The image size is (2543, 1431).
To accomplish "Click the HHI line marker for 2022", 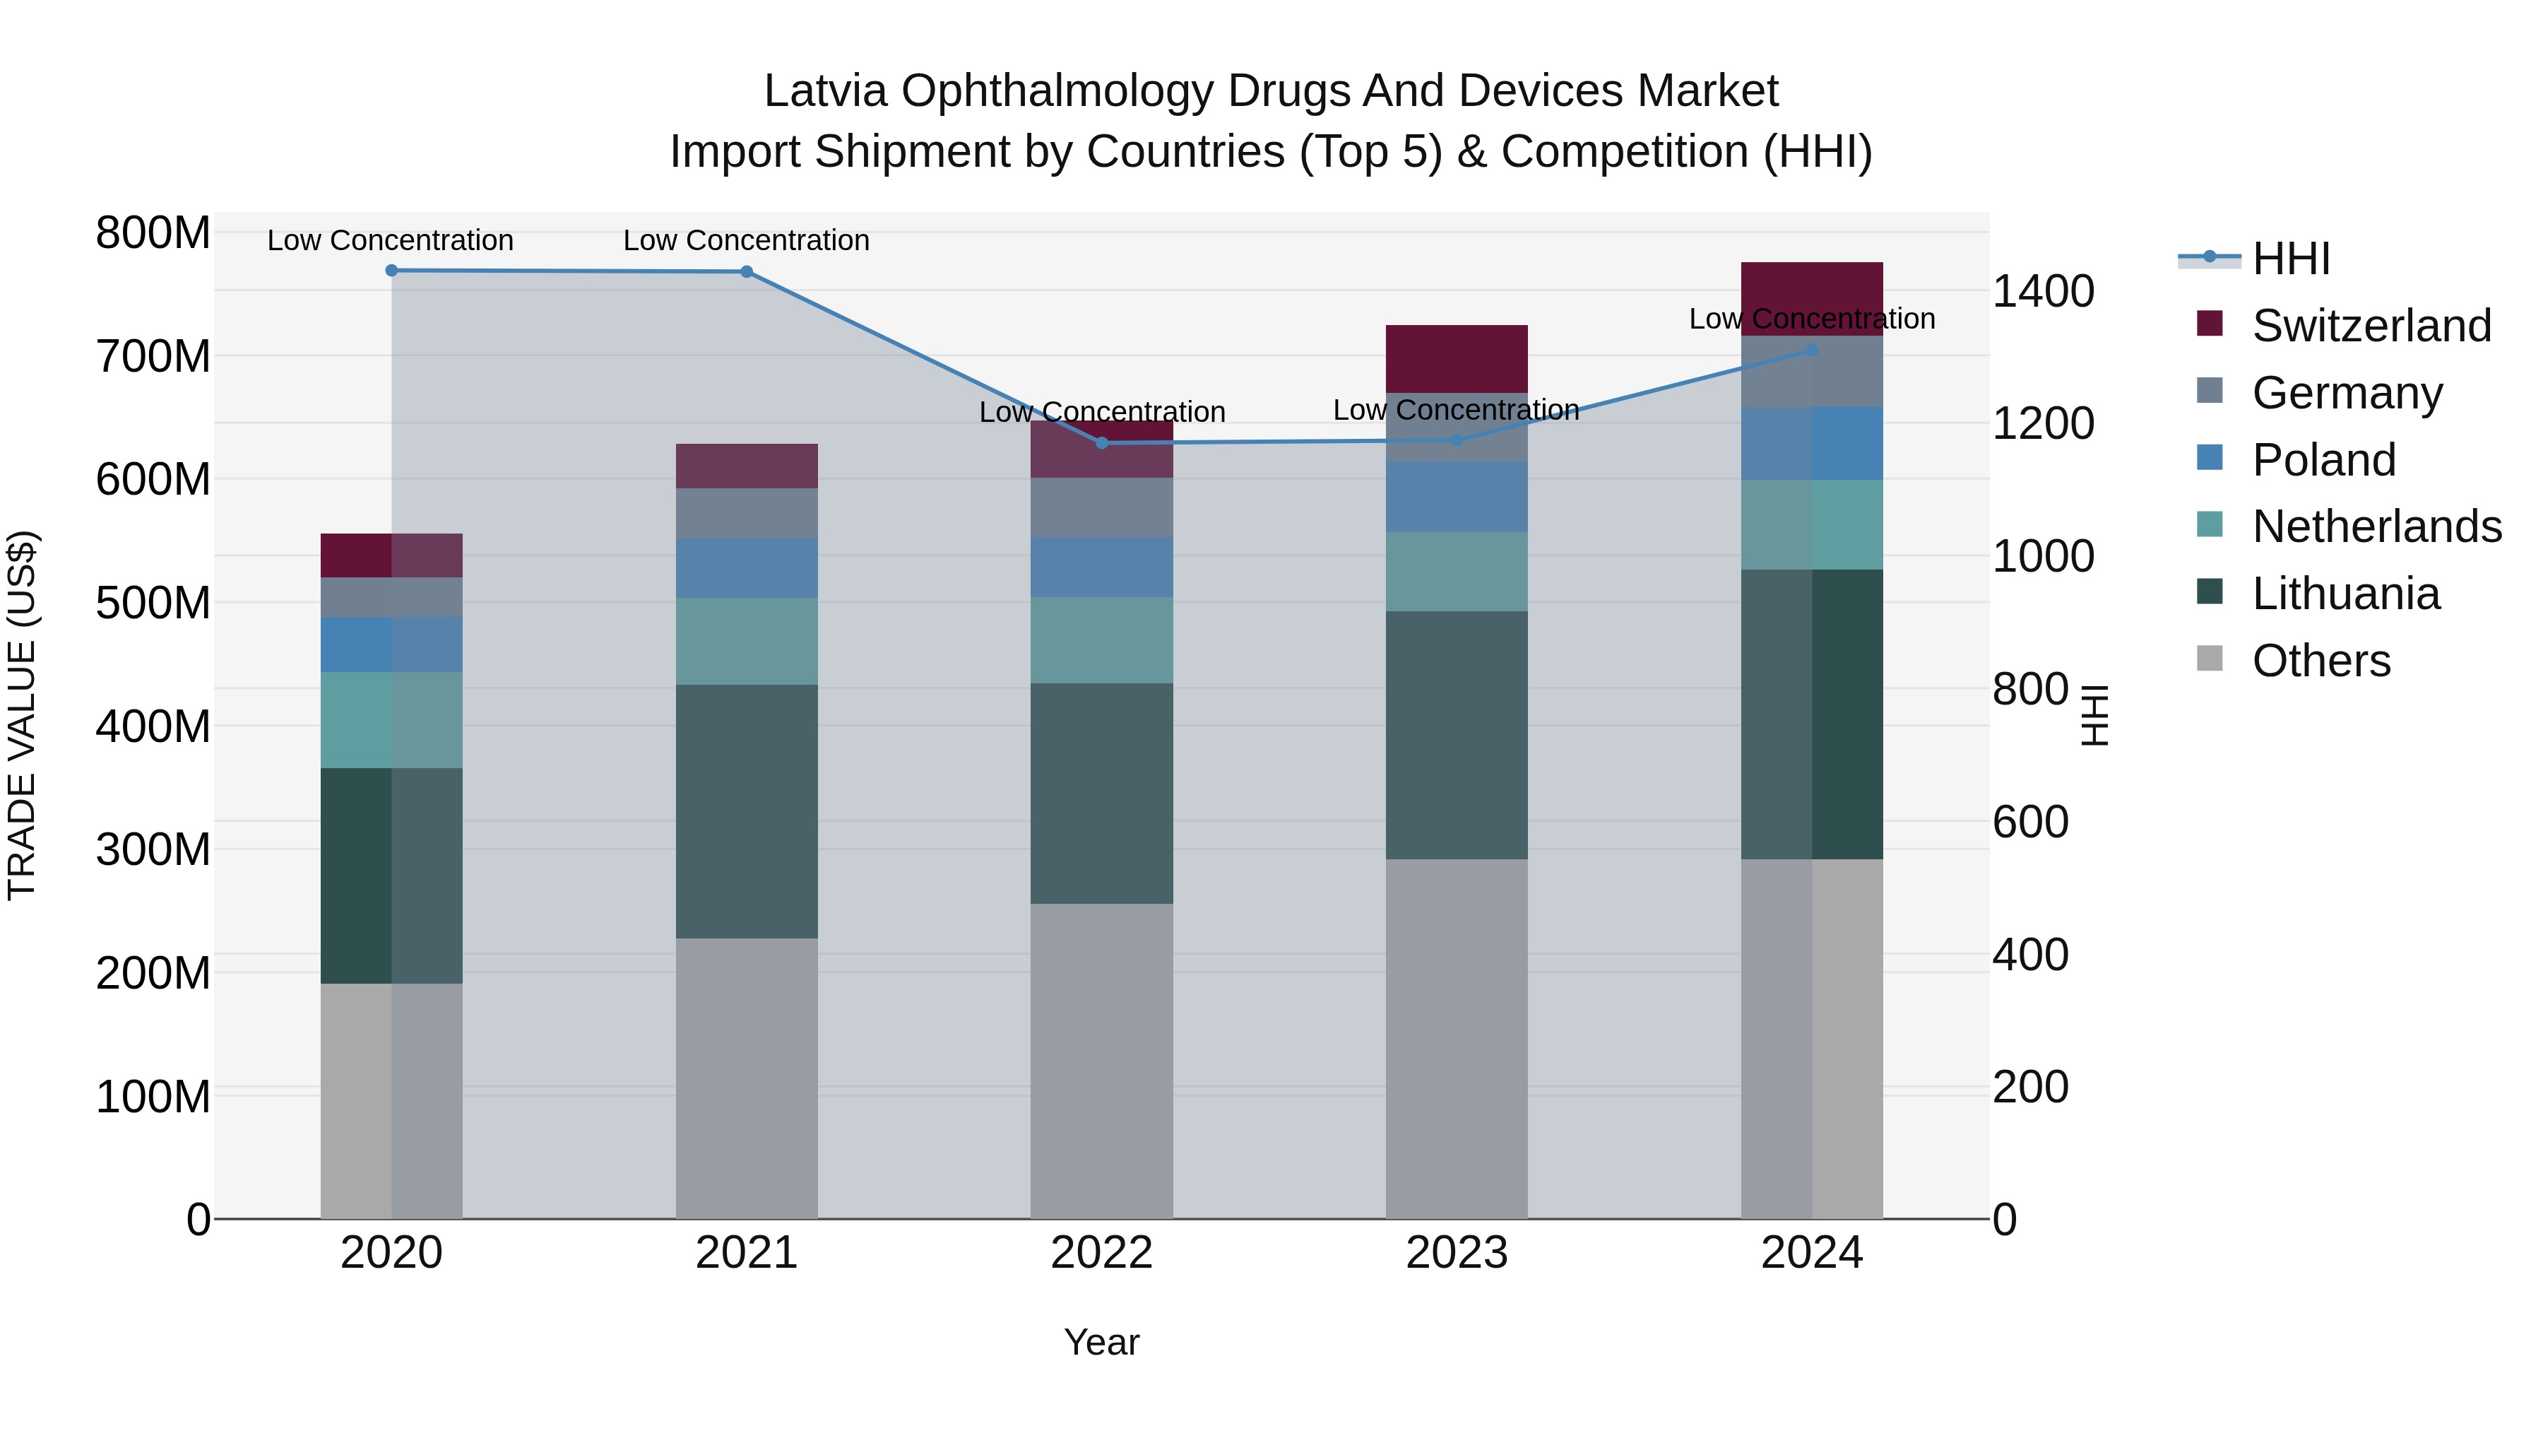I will coord(1102,443).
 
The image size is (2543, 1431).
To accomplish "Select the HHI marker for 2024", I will coord(1811,350).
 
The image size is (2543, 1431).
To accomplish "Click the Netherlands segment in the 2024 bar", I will coord(1811,524).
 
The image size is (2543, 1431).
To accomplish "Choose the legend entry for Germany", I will coord(2347,393).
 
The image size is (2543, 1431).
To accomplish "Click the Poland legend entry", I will coord(2324,460).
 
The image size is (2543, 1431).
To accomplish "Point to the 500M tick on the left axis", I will coord(153,602).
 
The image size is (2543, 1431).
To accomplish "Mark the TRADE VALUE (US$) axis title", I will coord(22,715).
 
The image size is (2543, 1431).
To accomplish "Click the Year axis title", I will coord(1102,1342).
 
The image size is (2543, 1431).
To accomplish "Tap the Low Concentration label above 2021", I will coord(747,240).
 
